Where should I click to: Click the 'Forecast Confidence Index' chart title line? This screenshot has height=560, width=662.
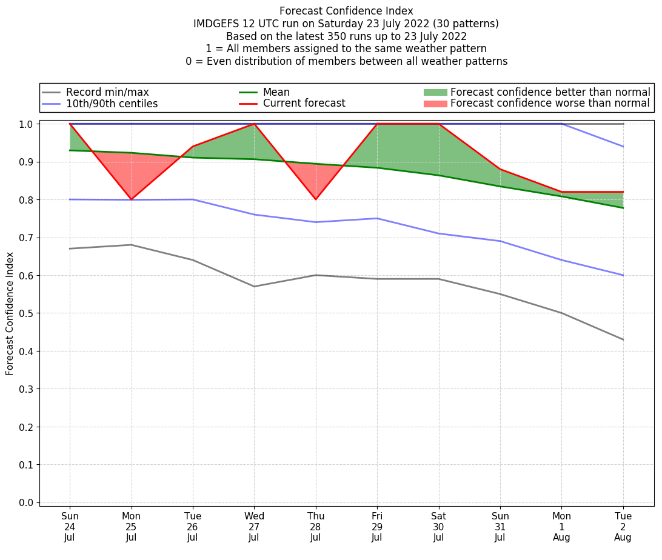pos(346,11)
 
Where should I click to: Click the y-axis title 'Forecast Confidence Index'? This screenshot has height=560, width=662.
pos(10,313)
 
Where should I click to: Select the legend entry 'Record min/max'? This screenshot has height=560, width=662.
pos(107,92)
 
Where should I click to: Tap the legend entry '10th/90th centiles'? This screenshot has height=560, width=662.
pos(112,104)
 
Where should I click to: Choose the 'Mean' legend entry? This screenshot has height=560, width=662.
pos(276,92)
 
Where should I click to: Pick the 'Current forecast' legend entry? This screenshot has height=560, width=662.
pos(304,104)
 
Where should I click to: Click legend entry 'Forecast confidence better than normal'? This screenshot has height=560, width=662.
pos(550,92)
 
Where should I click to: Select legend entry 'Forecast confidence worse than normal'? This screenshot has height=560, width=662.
pos(550,104)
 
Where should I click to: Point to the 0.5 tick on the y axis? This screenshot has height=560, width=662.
pos(27,313)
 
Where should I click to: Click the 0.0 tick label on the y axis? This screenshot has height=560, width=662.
pos(27,502)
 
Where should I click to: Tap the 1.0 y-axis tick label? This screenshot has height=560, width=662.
pos(27,124)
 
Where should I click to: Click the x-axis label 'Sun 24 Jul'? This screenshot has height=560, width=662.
pos(70,527)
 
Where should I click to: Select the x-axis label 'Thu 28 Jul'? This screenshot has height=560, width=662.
pos(316,527)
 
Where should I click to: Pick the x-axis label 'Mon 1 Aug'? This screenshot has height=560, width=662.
pos(562,527)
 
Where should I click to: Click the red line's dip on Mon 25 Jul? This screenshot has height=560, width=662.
pos(131,199)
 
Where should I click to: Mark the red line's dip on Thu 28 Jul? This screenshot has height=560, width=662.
pos(316,199)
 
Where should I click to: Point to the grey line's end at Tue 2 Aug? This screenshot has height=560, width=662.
pos(623,339)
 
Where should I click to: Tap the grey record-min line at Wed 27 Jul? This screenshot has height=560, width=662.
pos(254,287)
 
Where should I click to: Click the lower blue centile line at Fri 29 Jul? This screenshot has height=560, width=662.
pos(377,218)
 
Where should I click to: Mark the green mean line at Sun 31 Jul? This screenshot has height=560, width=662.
pos(500,186)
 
